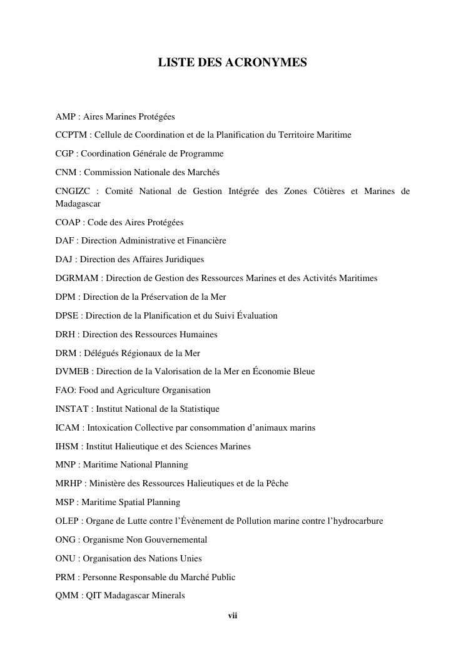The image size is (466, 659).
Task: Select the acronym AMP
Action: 65,116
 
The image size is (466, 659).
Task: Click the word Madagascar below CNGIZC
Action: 78,204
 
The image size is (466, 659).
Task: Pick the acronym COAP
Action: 68,223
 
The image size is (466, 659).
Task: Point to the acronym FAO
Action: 65,391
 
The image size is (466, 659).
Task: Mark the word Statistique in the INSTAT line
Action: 198,409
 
